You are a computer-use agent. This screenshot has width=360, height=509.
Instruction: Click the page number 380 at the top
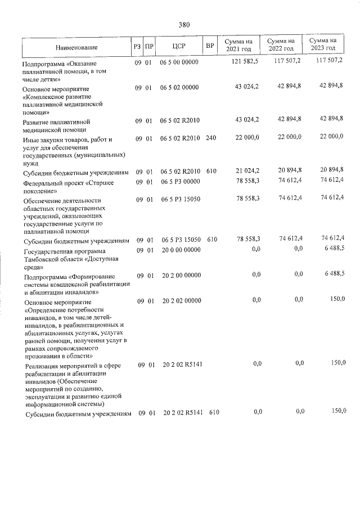(184, 25)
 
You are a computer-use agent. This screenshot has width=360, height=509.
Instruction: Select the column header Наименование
(76, 46)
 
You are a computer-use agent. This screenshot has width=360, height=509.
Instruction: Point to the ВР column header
(209, 45)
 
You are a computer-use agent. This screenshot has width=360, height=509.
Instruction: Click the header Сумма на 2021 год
(238, 45)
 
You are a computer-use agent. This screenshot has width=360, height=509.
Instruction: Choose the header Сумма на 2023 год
(323, 44)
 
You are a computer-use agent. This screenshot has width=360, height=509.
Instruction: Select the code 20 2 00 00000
(181, 274)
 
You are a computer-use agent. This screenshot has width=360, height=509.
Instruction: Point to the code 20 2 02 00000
(182, 300)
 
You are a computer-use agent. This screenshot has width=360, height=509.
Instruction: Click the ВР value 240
(211, 138)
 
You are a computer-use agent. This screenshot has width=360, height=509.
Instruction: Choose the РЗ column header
(137, 46)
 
